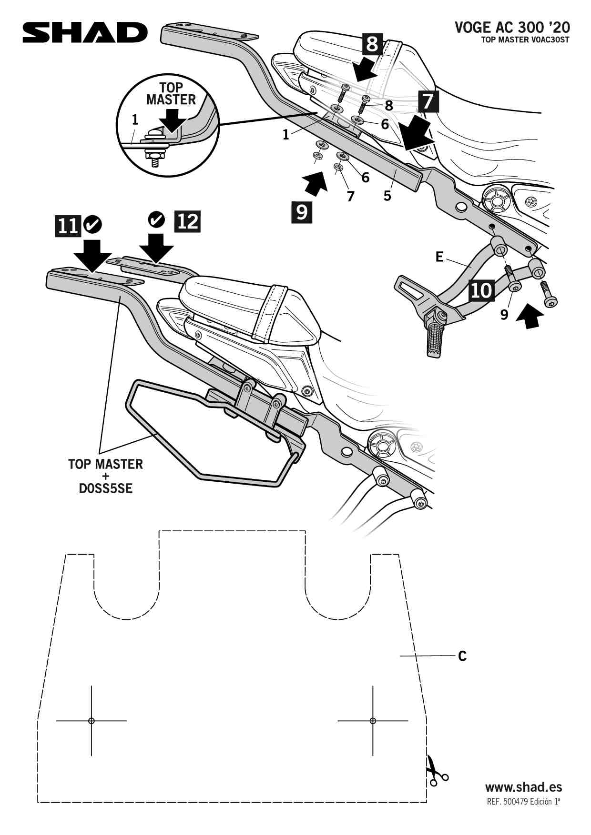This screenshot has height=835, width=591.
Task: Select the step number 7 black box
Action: pyautogui.click(x=428, y=101)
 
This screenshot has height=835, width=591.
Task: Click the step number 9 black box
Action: pyautogui.click(x=302, y=212)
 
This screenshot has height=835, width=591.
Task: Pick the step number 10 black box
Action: pyautogui.click(x=481, y=290)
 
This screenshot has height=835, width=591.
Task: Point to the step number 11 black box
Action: pyautogui.click(x=68, y=225)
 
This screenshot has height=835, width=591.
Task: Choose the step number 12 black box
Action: pyautogui.click(x=188, y=221)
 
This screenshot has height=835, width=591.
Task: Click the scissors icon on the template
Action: pyautogui.click(x=436, y=770)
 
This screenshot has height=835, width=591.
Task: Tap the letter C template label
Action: pyautogui.click(x=462, y=656)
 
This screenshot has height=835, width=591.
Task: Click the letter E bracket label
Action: pyautogui.click(x=439, y=257)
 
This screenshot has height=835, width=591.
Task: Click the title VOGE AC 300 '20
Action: pyautogui.click(x=512, y=27)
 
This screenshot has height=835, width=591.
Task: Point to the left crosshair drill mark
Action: pyautogui.click(x=92, y=721)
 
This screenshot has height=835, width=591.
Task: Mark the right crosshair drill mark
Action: pyautogui.click(x=373, y=721)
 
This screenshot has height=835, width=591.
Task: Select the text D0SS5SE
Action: pyautogui.click(x=105, y=489)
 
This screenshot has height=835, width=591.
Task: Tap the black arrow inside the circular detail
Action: pyautogui.click(x=172, y=119)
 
